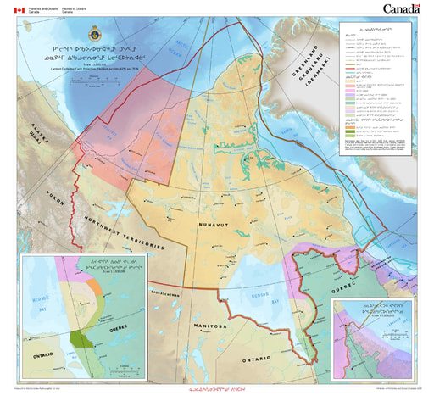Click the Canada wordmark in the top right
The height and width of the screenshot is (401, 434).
click(403, 9)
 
